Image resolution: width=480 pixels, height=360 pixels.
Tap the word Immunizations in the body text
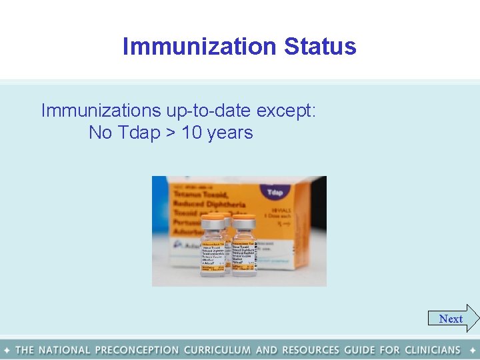click(101, 111)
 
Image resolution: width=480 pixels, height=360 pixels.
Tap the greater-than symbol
click(171, 133)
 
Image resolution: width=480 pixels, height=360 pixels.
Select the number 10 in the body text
click(192, 133)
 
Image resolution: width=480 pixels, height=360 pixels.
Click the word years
click(230, 133)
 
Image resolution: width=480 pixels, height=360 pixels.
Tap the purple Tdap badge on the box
click(275, 192)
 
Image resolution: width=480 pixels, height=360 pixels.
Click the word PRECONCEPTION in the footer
click(137, 349)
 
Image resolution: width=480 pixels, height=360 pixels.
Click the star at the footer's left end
click(7, 349)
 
